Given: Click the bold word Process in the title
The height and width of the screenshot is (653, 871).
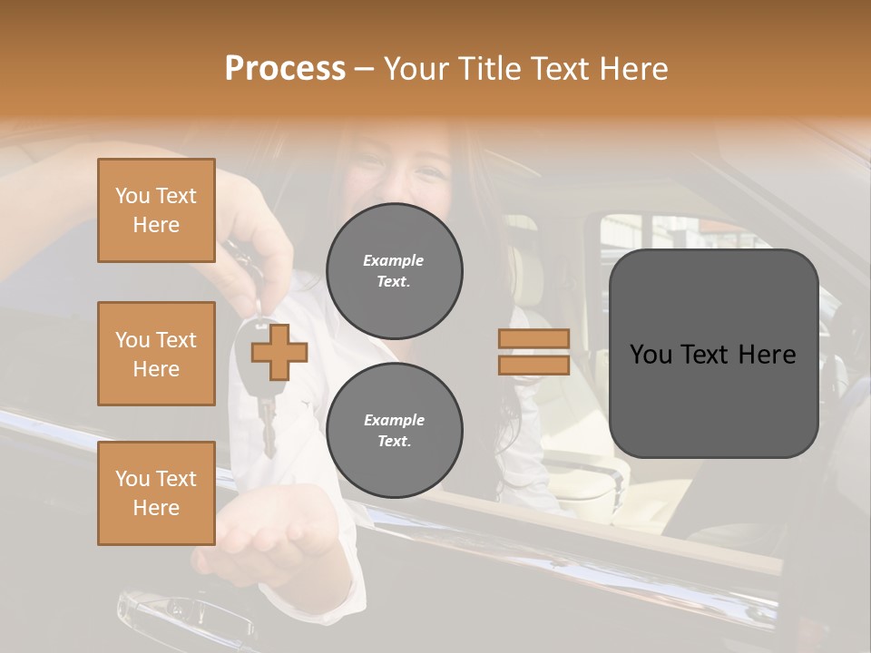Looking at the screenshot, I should pos(285,69).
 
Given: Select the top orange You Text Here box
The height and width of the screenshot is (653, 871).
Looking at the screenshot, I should pos(156,210).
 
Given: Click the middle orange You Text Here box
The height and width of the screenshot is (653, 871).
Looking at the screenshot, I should pos(156,354).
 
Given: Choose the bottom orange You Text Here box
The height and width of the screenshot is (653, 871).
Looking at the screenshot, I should pos(156,492).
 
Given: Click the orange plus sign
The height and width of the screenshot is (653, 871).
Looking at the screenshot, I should pos(279,351).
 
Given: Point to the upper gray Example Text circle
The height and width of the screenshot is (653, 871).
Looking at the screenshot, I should pos(394,270).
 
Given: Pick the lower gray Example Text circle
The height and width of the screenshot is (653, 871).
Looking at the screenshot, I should pos(394,430).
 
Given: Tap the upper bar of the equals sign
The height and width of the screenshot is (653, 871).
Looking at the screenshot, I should pos(533,339).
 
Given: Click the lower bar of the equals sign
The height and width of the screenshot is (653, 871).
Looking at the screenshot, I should pos(533,365).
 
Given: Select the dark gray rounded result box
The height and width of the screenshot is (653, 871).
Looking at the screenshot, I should pos(713,354).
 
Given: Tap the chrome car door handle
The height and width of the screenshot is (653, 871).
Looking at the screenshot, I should pos(181,617).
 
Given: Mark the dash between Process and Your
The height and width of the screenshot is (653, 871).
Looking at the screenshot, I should pos(365,69).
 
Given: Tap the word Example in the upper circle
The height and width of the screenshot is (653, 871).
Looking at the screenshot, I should pos(394,260).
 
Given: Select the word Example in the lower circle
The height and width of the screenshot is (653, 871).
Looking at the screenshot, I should pos(394,420).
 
